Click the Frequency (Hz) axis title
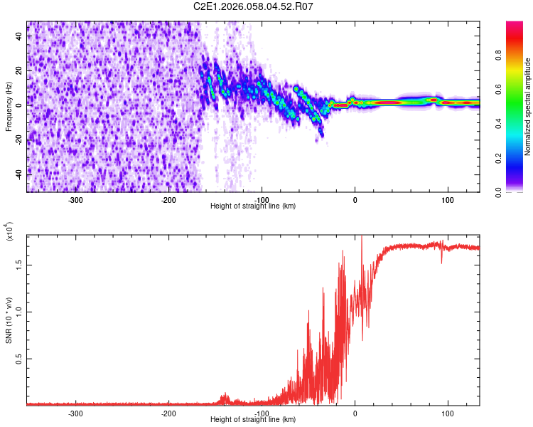pyautogui.click(x=9, y=107)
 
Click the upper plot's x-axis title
pyautogui.click(x=253, y=206)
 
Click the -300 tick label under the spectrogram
pyautogui.click(x=75, y=200)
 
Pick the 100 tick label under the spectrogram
pyautogui.click(x=448, y=200)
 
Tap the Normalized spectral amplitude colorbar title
pyautogui.click(x=528, y=107)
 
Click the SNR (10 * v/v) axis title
pyautogui.click(x=9, y=320)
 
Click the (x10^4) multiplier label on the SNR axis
pyautogui.click(x=10, y=232)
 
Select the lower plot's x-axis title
pyautogui.click(x=253, y=419)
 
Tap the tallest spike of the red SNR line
pyautogui.click(x=362, y=238)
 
